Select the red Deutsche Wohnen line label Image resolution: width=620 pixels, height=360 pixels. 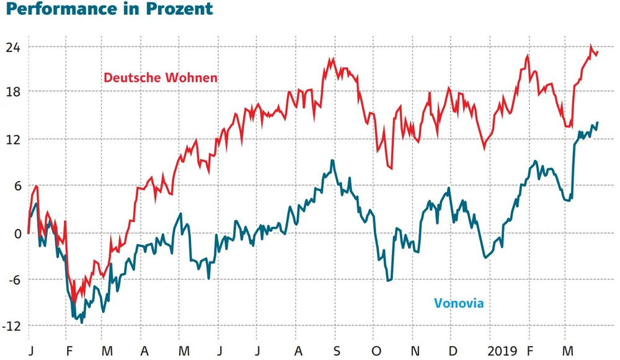click(161, 78)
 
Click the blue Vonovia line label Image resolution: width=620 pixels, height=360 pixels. click(458, 303)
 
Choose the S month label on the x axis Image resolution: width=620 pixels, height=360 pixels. click(337, 351)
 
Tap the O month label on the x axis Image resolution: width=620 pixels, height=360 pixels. click(376, 351)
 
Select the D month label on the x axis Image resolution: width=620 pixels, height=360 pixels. click(453, 351)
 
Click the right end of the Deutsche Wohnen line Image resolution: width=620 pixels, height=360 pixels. click(598, 53)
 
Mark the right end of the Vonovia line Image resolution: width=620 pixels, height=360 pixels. click(598, 123)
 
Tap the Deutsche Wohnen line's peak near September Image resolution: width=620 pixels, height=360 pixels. click(333, 59)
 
